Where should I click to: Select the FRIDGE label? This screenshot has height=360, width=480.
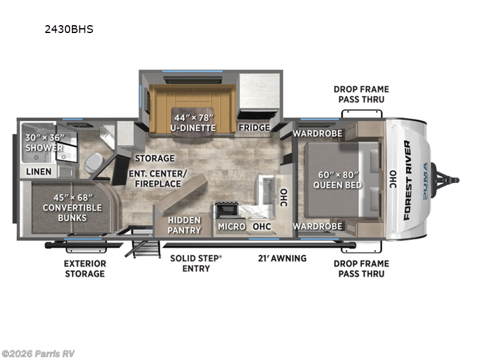[253, 127]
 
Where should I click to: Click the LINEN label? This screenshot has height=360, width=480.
[38, 172]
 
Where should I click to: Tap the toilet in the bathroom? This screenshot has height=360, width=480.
[93, 162]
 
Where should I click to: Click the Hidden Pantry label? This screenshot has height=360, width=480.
[184, 225]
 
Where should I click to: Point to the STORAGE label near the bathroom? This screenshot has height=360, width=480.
[154, 158]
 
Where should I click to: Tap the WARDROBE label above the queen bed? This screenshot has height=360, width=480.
[317, 133]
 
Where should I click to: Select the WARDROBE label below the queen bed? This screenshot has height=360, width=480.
[317, 226]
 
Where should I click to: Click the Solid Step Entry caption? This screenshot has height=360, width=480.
[196, 263]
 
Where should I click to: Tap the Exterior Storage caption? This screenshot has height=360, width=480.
[85, 268]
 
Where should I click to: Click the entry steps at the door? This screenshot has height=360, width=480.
[142, 247]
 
